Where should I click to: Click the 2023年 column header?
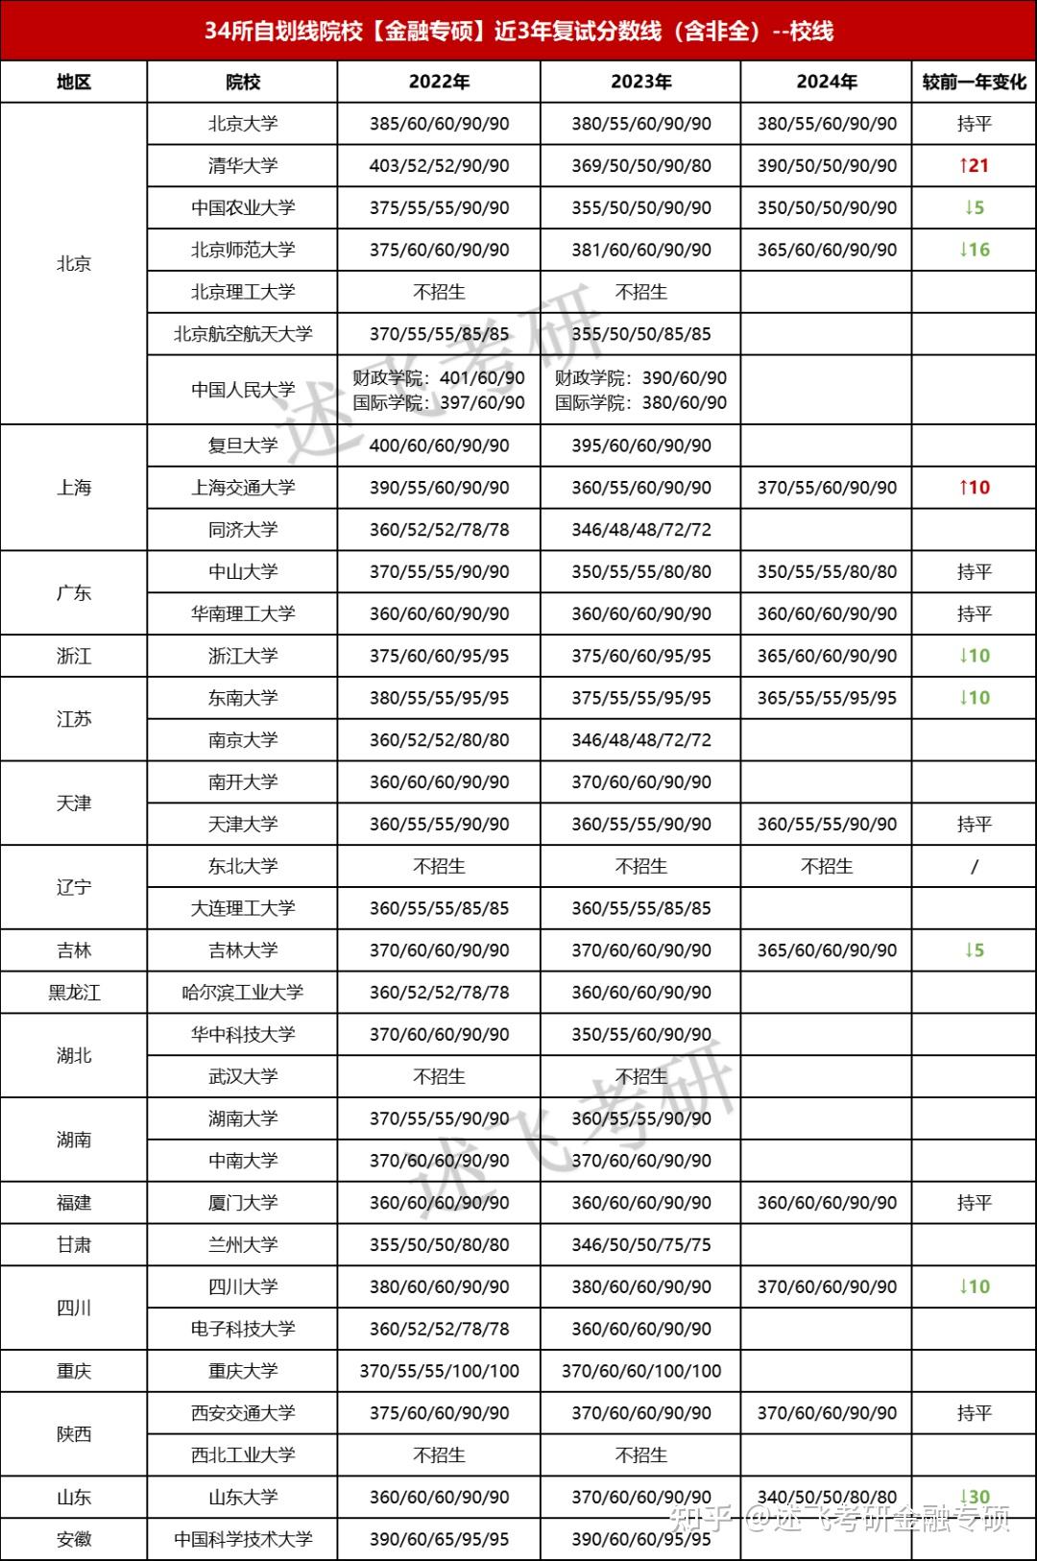point(640,82)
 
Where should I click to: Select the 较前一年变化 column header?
point(974,82)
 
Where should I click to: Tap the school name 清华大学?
point(242,165)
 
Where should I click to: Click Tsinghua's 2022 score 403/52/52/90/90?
point(439,165)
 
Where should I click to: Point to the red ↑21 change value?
point(974,165)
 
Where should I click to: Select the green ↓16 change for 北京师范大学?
point(974,250)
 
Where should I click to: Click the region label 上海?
point(74,488)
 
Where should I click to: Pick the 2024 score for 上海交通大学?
point(827,488)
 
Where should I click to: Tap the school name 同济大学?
point(242,530)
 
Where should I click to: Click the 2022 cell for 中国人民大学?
point(439,390)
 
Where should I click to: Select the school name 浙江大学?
point(242,656)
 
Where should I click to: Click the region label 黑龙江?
point(74,993)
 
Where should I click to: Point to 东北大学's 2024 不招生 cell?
point(827,866)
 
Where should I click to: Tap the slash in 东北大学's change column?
point(974,866)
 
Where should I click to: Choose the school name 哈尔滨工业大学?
point(242,993)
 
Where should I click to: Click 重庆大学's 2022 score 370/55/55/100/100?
point(439,1371)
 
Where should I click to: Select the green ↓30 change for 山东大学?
point(974,1497)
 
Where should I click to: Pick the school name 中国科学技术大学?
point(242,1539)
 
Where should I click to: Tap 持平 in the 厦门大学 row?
point(974,1203)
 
